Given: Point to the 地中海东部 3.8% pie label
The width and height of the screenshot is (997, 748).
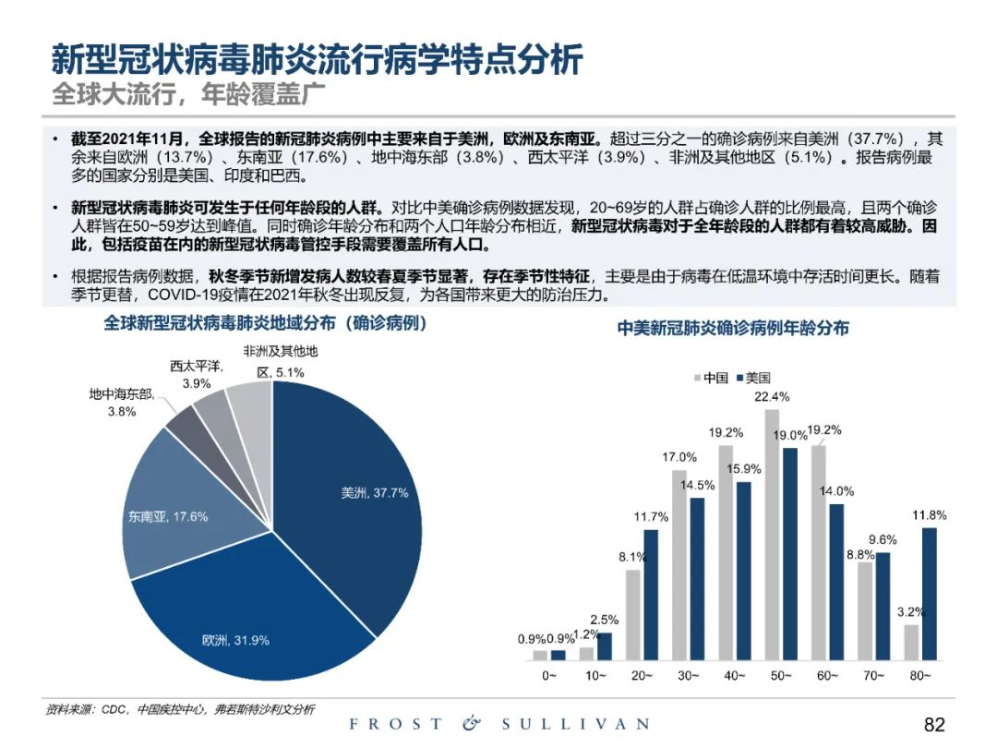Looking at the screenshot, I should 121,403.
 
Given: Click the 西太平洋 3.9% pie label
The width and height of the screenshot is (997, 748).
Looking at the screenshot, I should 197,374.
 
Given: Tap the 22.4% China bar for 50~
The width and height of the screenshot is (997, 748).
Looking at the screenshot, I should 772,536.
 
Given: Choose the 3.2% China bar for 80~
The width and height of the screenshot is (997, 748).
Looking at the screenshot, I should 910,643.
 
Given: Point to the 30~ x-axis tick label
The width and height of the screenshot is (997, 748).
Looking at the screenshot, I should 688,676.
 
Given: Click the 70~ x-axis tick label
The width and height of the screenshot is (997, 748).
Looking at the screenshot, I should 873,676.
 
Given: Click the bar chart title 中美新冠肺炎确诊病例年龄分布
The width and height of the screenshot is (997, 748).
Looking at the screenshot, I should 733,328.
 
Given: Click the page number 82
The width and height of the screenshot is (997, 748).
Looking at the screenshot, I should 934,725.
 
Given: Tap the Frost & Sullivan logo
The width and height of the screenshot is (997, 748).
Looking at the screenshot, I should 498,724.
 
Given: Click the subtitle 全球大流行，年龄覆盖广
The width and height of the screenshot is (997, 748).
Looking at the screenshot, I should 188,93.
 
